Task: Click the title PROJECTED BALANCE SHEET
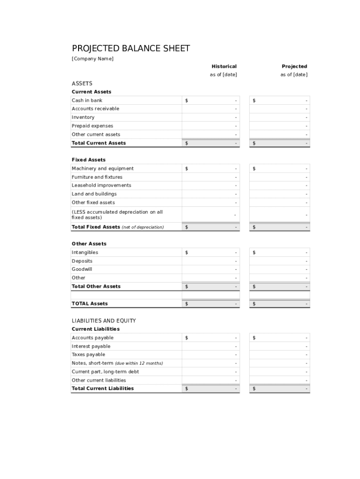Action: click(x=131, y=49)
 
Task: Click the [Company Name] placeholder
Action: click(x=93, y=58)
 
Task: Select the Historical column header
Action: click(x=224, y=66)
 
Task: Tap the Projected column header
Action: click(x=294, y=66)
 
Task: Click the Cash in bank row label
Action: click(x=87, y=100)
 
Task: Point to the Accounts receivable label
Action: click(x=95, y=109)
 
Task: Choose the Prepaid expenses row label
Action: click(x=92, y=126)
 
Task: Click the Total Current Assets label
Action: click(x=99, y=143)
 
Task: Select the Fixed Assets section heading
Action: click(x=88, y=160)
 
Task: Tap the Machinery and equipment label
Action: click(x=102, y=168)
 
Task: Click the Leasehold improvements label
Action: click(x=101, y=185)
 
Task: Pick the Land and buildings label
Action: click(x=94, y=194)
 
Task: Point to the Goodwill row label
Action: click(x=82, y=269)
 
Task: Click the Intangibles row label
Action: click(x=85, y=253)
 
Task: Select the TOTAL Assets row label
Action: click(x=89, y=304)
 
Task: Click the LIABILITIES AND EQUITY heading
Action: click(x=104, y=321)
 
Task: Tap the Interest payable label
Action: click(x=91, y=346)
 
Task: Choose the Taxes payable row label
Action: click(x=88, y=355)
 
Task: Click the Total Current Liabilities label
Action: click(x=102, y=388)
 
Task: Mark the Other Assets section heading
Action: click(x=89, y=244)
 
